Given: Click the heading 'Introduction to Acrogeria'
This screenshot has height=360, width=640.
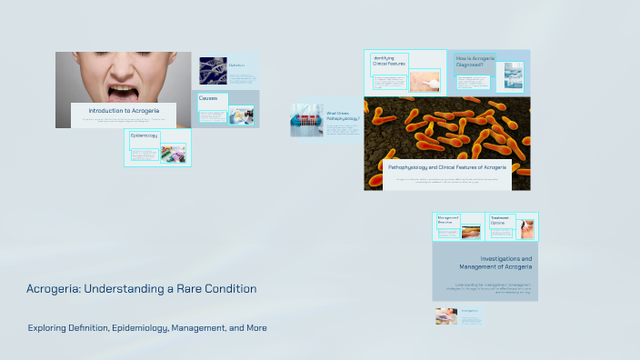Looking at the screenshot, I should point(125,110).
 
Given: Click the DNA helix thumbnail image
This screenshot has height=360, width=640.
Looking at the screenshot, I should point(213,71).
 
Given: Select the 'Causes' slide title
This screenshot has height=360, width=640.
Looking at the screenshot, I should point(208,97).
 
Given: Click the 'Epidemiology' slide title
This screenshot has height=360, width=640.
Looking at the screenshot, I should point(144,135).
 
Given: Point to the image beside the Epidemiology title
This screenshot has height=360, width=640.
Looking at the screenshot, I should point(173,152).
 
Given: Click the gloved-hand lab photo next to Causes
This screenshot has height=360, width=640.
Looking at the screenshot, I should point(242,115).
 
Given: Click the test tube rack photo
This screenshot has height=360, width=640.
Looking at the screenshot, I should point(306,120).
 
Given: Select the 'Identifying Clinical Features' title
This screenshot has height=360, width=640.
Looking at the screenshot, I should point(389,61).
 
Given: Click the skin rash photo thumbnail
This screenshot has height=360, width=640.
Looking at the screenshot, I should point(424,81).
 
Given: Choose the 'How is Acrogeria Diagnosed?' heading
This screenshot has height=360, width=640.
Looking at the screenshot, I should point(475,61).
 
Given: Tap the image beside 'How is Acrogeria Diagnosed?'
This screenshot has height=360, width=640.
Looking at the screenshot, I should point(510,77).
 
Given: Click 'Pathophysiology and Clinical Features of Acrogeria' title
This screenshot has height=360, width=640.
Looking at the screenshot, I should point(446,168).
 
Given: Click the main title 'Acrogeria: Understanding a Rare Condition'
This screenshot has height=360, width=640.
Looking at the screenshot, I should point(141,288).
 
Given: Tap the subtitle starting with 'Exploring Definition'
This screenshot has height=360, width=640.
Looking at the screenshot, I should point(146,327).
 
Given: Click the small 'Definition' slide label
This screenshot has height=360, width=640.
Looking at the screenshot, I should point(237,65).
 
